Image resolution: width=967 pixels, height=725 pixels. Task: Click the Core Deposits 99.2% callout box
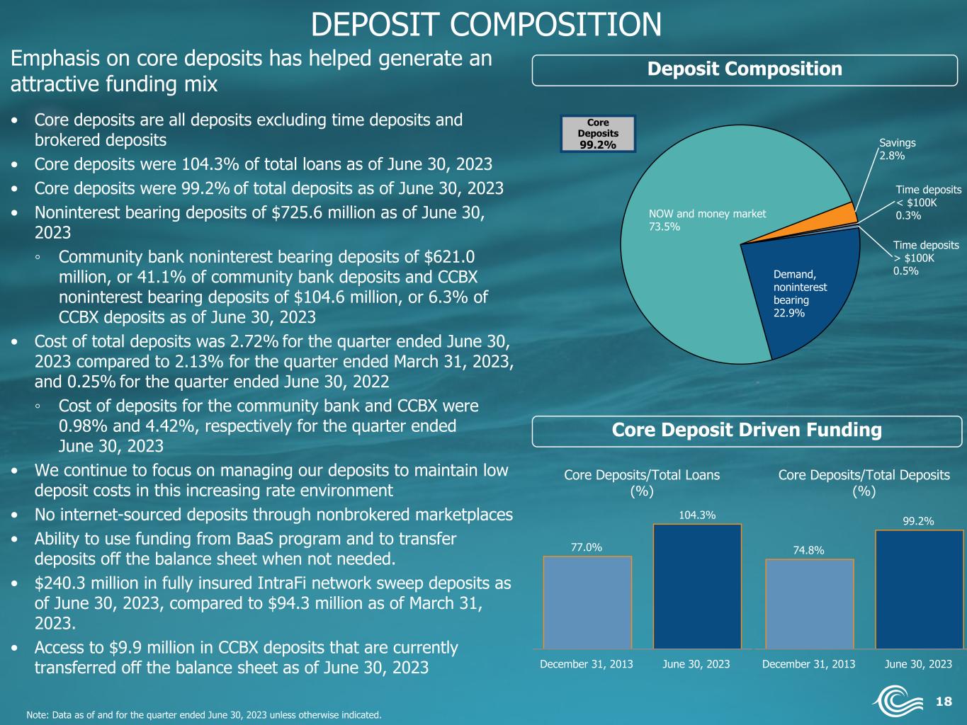point(598,134)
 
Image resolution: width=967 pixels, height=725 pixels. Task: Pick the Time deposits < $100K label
point(928,202)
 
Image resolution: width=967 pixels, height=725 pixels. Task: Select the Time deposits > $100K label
point(926,258)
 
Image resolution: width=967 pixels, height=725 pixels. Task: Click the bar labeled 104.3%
point(697,586)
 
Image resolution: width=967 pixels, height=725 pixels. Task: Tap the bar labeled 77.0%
point(587,603)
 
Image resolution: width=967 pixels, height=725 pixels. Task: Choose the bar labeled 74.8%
point(810,604)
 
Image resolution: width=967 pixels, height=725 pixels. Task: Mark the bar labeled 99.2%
point(920,590)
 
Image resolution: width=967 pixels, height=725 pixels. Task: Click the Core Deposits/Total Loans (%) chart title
point(642,483)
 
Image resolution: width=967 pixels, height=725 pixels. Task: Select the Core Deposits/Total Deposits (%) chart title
point(864,483)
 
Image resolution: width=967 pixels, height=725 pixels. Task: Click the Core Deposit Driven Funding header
point(747,430)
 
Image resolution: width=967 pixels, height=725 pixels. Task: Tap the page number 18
point(944,701)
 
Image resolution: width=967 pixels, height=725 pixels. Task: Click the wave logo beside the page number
point(898,700)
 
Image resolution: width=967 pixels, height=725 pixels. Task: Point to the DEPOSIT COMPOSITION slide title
point(486,24)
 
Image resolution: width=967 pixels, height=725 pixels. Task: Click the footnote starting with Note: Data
point(204,715)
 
